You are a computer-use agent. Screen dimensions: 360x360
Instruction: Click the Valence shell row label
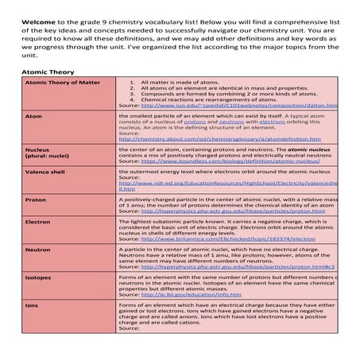(x=45, y=171)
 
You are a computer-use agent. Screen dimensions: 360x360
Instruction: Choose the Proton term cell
(x=37, y=199)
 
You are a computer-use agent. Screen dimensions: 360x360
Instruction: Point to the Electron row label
(x=38, y=222)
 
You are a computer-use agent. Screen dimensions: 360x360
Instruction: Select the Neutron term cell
(x=38, y=249)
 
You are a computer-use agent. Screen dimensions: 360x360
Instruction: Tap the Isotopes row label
(x=40, y=278)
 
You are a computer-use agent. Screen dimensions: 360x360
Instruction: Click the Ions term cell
(x=32, y=305)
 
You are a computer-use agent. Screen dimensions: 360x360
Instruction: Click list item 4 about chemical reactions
(x=199, y=99)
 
